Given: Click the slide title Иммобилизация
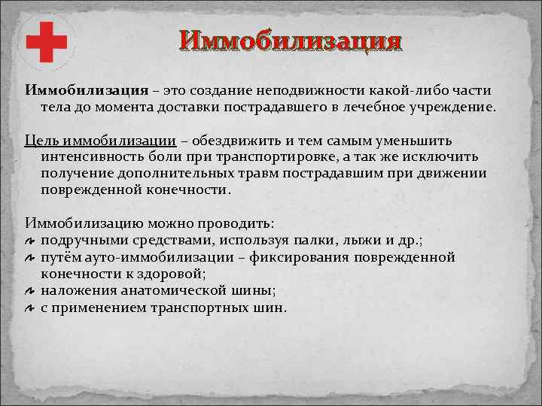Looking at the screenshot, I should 288,40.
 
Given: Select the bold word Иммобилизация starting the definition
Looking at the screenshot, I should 87,90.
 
